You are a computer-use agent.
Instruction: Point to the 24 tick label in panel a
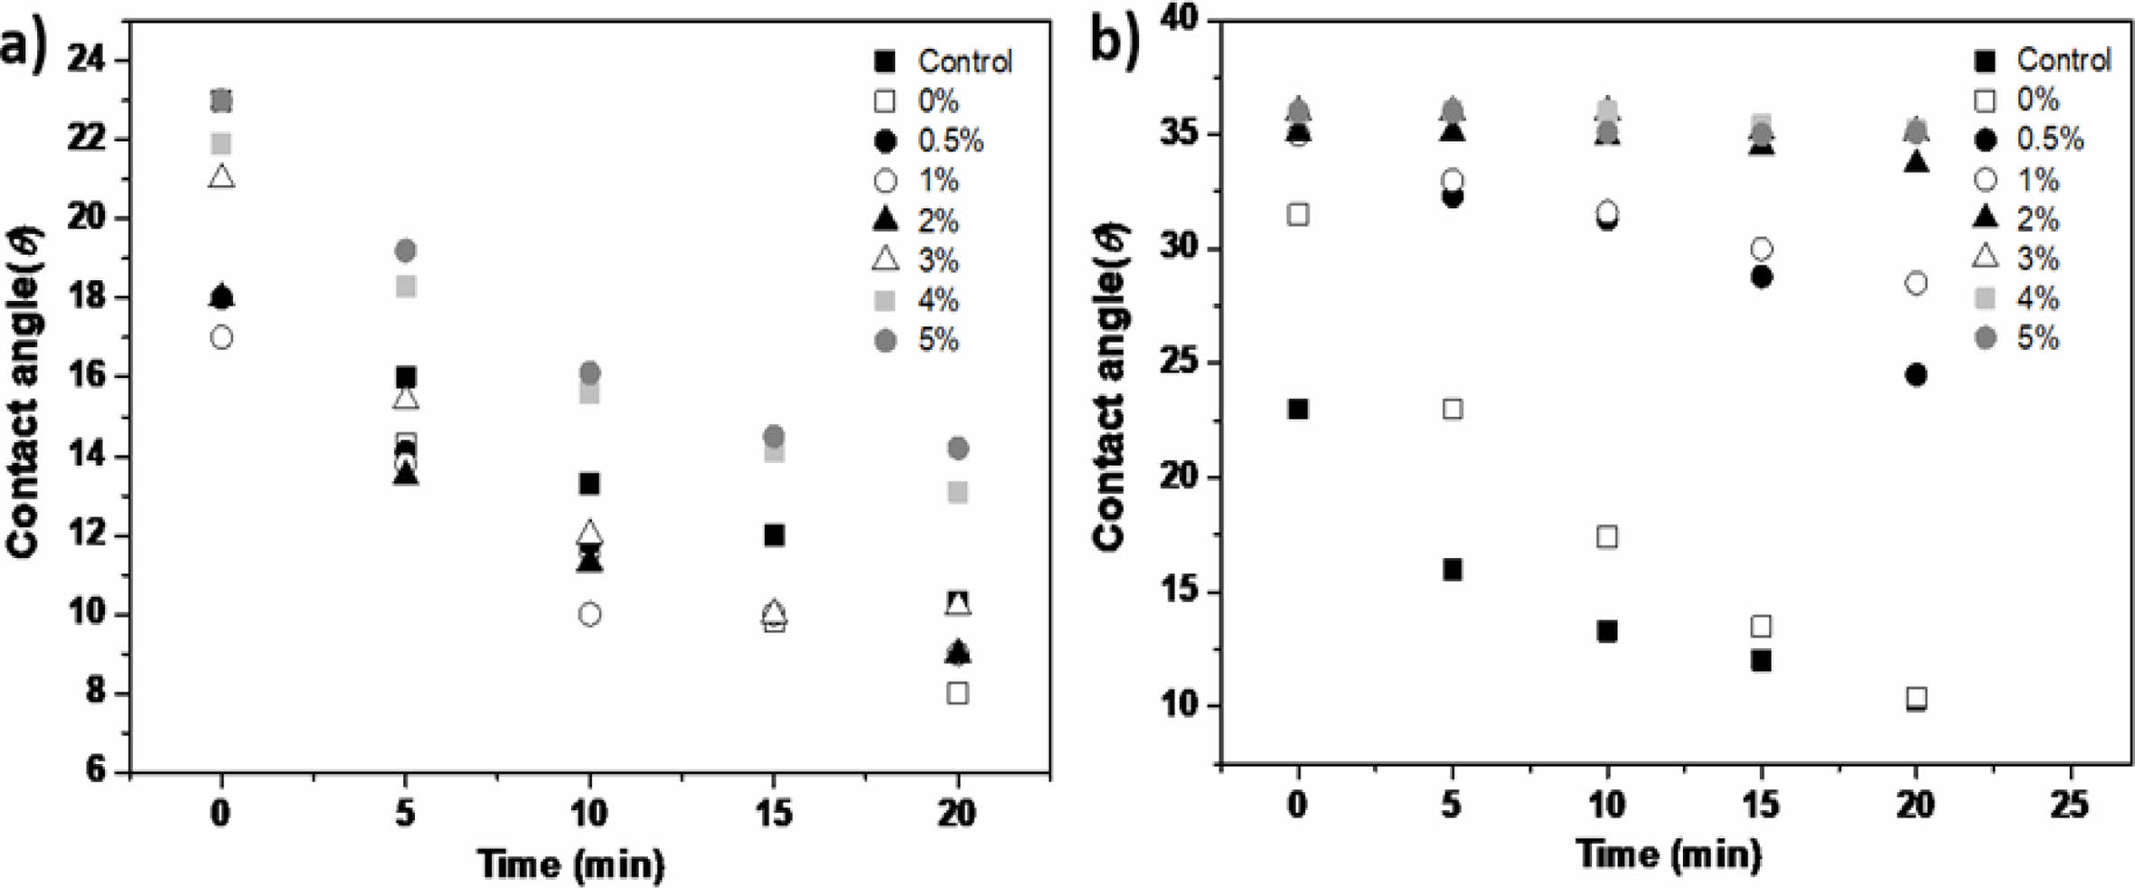(x=87, y=61)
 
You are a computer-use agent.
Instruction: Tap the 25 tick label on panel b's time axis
(x=2070, y=804)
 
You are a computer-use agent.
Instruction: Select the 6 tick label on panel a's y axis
(x=96, y=770)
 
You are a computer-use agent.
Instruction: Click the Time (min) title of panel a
(x=571, y=864)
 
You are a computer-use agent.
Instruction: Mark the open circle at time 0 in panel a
(x=221, y=338)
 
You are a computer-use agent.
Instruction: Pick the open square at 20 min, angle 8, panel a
(x=957, y=694)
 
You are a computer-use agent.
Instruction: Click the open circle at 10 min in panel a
(x=589, y=615)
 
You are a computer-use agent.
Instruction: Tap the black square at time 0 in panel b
(x=1298, y=410)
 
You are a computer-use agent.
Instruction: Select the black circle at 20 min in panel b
(x=1916, y=374)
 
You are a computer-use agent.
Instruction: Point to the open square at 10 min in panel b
(x=1607, y=537)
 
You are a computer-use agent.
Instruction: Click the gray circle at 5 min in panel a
(x=406, y=250)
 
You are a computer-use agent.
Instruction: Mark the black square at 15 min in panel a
(x=774, y=535)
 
